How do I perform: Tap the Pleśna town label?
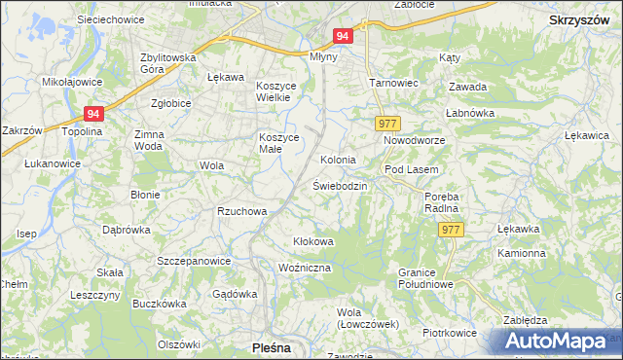click(271, 346)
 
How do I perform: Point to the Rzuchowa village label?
click(241, 211)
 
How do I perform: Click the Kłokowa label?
click(313, 240)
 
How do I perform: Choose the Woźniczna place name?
click(305, 267)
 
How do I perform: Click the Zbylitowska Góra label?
click(169, 62)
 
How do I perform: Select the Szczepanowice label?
click(194, 261)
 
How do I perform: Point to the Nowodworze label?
click(414, 141)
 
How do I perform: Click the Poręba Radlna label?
click(442, 202)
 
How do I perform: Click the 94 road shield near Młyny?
click(342, 36)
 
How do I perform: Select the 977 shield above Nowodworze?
click(386, 124)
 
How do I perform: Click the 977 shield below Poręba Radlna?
click(450, 229)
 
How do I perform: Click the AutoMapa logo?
click(556, 341)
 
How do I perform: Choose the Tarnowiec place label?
click(393, 83)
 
